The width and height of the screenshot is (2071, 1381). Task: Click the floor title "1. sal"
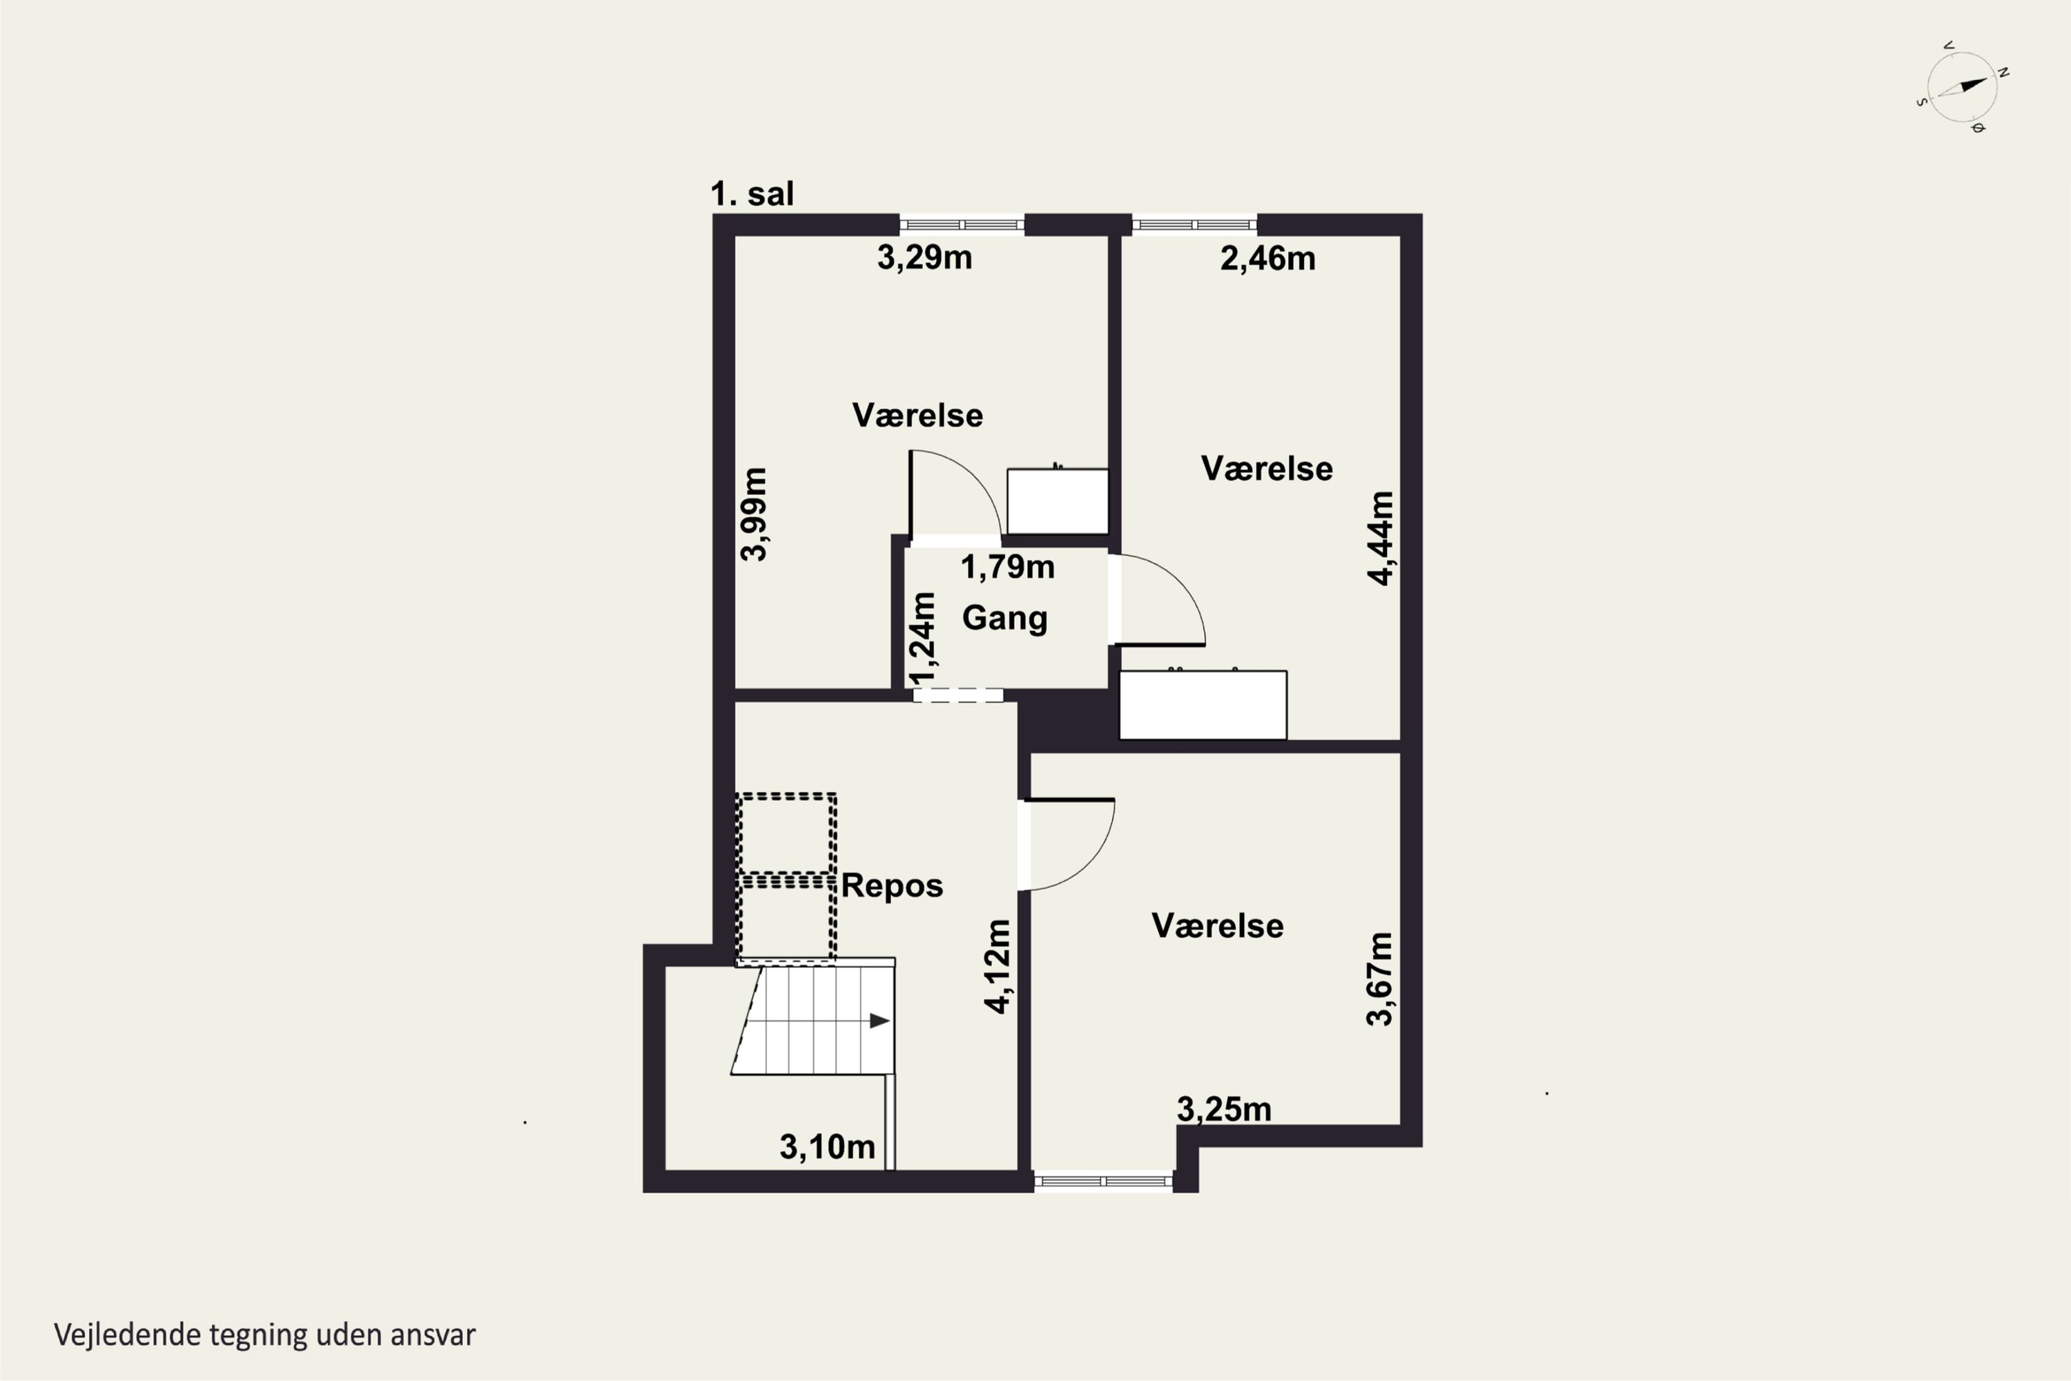[x=752, y=194]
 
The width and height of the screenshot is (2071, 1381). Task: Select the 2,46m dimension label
[x=1268, y=258]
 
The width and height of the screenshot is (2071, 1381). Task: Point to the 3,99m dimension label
[x=754, y=514]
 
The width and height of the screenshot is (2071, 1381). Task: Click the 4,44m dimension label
[x=1381, y=538]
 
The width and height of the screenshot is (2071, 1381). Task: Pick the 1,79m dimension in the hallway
[x=1007, y=567]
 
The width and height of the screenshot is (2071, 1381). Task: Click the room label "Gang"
[x=1004, y=618]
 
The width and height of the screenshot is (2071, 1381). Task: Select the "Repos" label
[x=892, y=886]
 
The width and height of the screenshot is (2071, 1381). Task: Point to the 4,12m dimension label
[x=998, y=966]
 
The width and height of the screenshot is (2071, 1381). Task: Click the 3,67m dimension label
[x=1380, y=978]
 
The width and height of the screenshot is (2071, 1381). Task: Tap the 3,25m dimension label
[x=1224, y=1110]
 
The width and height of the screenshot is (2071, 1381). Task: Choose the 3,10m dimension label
[x=828, y=1147]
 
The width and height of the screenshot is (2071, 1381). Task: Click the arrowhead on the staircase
[x=879, y=1021]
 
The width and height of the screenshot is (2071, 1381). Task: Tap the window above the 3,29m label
[x=962, y=224]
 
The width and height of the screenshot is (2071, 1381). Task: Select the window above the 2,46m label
[x=1194, y=224]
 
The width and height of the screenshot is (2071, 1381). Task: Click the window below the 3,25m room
[x=1103, y=1181]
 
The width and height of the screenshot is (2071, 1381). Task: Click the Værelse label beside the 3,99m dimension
[x=917, y=416]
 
